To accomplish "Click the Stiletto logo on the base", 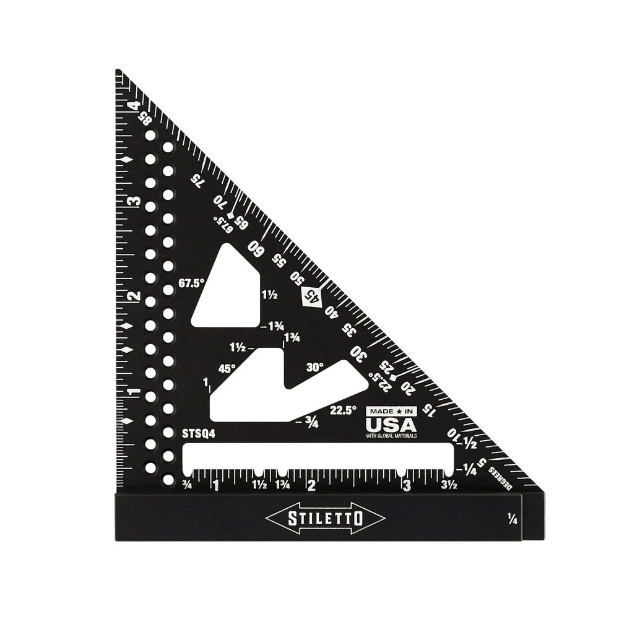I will click(x=325, y=518).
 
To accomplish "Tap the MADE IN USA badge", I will click(x=391, y=422).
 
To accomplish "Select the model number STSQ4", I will click(x=199, y=434).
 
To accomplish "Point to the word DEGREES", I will click(x=500, y=477).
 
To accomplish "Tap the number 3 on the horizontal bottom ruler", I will click(x=406, y=485).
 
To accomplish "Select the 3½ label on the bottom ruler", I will click(x=449, y=485).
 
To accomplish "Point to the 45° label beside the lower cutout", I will click(x=227, y=368).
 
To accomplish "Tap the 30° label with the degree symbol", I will click(x=314, y=367).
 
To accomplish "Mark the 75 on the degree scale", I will click(x=197, y=180).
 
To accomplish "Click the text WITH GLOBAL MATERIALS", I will click(x=391, y=436).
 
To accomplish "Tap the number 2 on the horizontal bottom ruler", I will click(x=311, y=485).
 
